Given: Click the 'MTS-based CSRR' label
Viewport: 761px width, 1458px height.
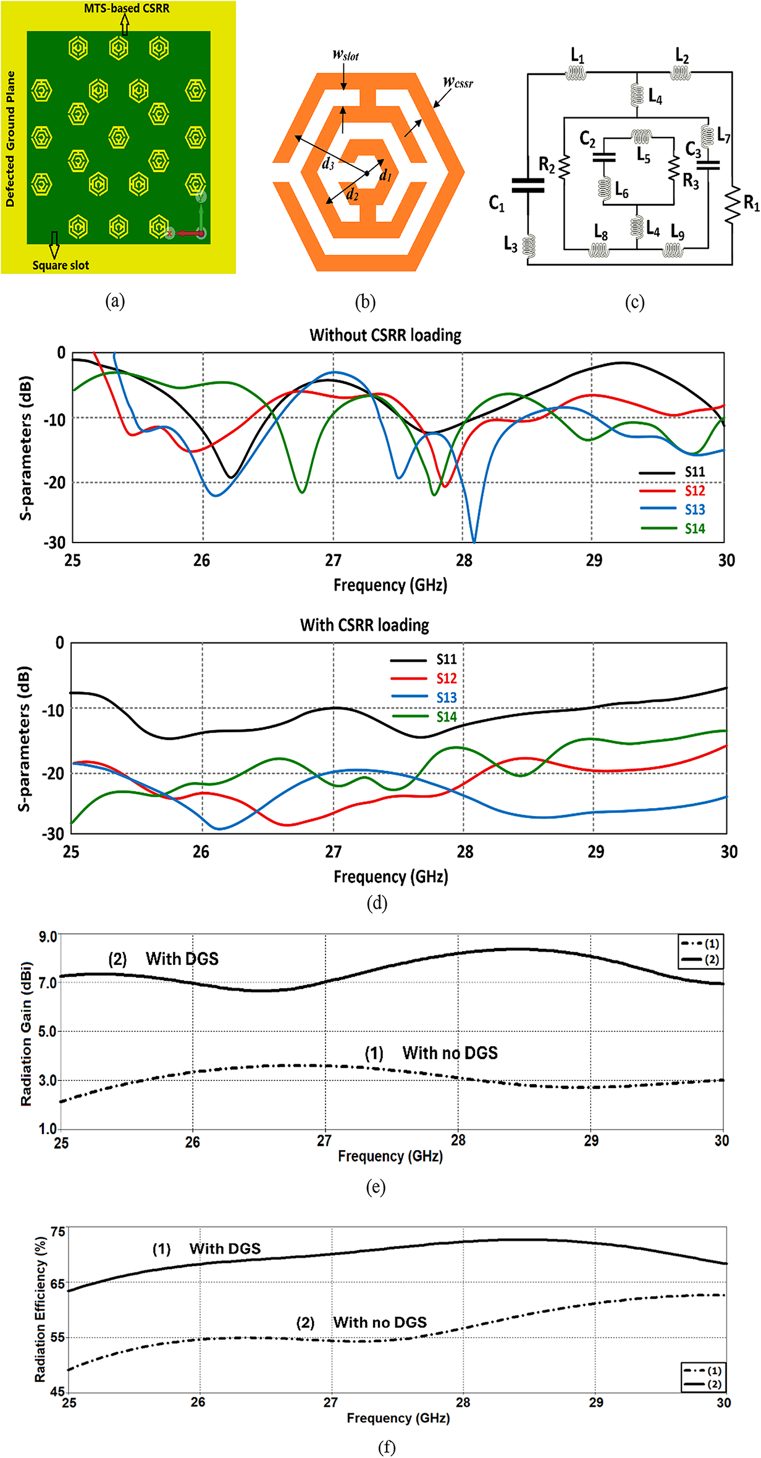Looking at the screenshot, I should tap(127, 9).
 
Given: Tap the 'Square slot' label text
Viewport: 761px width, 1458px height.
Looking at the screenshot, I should tap(61, 265).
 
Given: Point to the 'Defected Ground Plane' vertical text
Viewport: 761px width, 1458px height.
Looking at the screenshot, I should tap(11, 138).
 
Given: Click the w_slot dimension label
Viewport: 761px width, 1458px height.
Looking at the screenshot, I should tap(345, 55).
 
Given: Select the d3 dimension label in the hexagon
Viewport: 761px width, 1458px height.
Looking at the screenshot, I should tap(328, 164).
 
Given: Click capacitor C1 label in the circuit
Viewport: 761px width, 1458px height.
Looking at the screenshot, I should tap(497, 203).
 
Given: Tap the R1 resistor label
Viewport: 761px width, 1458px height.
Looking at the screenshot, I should tap(750, 203).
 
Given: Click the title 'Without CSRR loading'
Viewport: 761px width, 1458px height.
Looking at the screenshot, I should tap(385, 335).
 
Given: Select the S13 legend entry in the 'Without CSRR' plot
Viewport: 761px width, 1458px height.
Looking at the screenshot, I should tap(694, 510).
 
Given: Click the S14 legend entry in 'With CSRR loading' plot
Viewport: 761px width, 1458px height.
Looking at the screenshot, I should tap(446, 717).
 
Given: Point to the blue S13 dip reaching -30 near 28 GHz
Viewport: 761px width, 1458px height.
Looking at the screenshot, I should tap(474, 539).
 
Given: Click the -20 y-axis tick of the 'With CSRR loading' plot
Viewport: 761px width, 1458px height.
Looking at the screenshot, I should tap(53, 773).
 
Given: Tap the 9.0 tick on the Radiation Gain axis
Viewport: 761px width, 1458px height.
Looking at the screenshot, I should tap(48, 937).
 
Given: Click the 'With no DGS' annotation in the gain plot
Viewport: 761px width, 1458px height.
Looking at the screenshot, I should tap(450, 1053).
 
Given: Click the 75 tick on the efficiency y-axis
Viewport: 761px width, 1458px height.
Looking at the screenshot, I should tap(57, 1232).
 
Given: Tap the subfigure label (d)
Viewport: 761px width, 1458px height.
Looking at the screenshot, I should tap(377, 903).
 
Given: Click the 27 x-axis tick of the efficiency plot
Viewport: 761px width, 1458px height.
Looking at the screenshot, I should tap(330, 1402).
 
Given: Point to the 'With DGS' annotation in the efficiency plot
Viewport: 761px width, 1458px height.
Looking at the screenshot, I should tap(225, 1249).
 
